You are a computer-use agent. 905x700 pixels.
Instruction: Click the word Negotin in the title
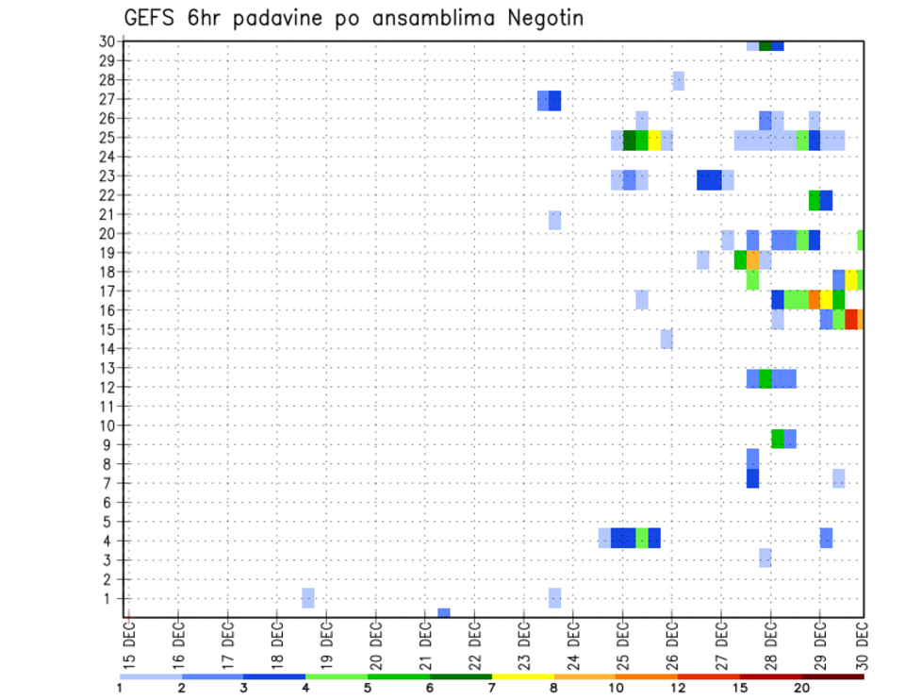[x=537, y=18]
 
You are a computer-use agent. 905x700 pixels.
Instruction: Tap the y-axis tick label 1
[x=109, y=598]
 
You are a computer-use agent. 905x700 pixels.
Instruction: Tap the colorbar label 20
[x=802, y=688]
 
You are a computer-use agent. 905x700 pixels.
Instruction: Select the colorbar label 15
[x=740, y=688]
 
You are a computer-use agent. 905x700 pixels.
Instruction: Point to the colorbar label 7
[x=491, y=688]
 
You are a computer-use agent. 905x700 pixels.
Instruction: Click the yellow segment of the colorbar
[x=522, y=676]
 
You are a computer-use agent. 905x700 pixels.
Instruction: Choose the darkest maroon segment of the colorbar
[x=832, y=676]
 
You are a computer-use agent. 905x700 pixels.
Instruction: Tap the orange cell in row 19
[x=752, y=259]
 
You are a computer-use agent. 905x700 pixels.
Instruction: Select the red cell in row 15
[x=851, y=319]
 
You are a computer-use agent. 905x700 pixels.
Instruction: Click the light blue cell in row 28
[x=679, y=81]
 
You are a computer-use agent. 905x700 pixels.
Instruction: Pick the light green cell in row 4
[x=642, y=538]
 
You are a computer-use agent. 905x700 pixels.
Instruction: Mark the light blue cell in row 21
[x=555, y=220]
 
